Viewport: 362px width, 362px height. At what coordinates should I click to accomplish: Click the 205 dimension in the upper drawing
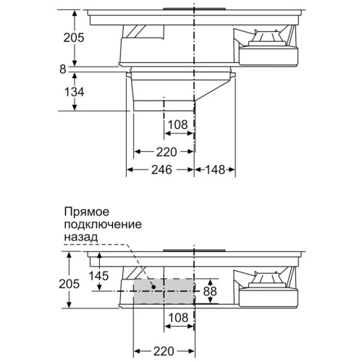point(74,38)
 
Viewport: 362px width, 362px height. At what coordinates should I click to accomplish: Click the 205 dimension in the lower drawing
point(70,284)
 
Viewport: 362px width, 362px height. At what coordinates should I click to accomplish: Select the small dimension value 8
point(63,70)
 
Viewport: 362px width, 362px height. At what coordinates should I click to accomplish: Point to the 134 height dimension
point(74,92)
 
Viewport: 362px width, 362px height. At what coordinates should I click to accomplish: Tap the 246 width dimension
point(161,169)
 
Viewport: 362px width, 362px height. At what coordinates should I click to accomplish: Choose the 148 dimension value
point(215,169)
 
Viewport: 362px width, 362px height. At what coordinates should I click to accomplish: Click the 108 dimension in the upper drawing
point(178,125)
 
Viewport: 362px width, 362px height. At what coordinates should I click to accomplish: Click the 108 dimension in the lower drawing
point(179,318)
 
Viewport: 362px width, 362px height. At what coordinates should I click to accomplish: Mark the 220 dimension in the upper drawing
point(167,152)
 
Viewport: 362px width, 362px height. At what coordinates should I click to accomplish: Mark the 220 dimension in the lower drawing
point(164,351)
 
